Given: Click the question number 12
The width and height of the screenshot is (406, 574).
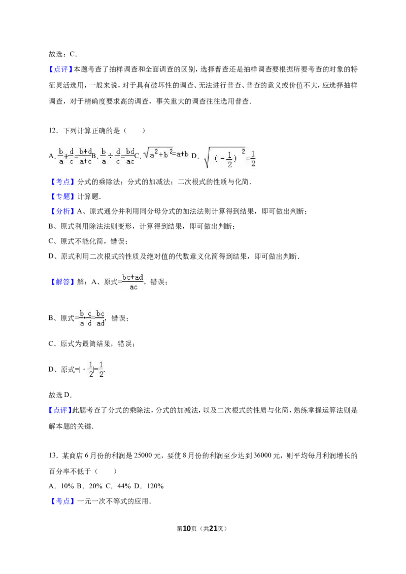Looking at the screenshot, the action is tap(53, 131).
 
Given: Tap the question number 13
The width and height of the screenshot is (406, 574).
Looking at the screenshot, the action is tap(53, 456).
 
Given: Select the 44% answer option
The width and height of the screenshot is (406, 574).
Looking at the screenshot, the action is tap(124, 486).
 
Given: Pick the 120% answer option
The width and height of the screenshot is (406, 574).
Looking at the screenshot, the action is tap(155, 486).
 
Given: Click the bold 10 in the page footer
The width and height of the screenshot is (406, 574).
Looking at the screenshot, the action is tap(187, 528).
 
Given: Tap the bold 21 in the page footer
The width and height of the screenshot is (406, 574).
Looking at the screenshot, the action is tap(213, 528).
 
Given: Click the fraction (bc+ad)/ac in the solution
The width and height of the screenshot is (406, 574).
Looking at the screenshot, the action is tap(132, 282).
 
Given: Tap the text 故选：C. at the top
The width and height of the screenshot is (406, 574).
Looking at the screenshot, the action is tap(63, 54).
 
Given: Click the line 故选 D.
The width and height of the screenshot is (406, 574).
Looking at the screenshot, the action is tap(60, 395).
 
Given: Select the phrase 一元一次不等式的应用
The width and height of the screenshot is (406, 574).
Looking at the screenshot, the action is tap(113, 501).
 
